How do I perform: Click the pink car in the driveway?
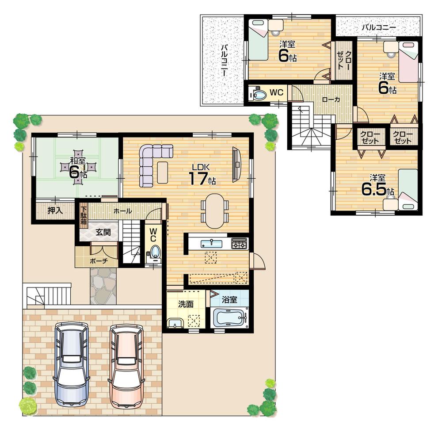tap(127, 366)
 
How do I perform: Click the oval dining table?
tap(214, 211)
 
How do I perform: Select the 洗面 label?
tap(185, 304)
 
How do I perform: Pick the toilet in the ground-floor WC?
tap(154, 252)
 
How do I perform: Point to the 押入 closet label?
tap(55, 210)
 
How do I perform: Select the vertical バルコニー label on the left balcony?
tap(225, 60)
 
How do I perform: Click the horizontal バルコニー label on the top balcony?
tap(378, 27)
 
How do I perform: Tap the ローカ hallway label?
tap(331, 100)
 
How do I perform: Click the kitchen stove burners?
tap(239, 243)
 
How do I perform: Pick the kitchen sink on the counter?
tap(212, 244)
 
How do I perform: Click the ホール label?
tap(122, 211)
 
